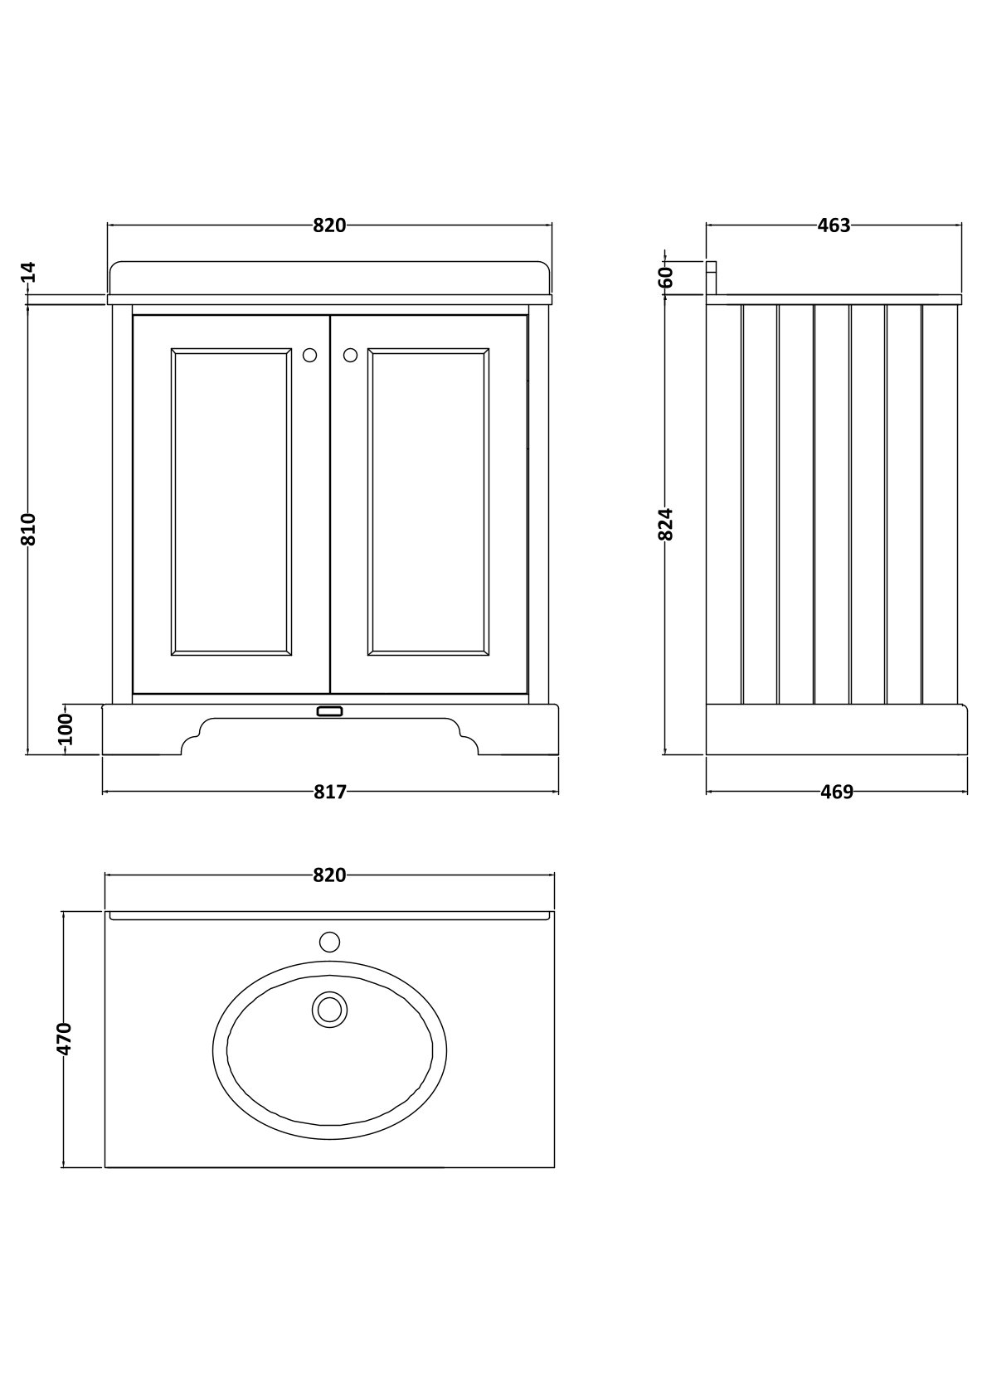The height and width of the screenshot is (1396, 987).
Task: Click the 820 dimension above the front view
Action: tap(329, 225)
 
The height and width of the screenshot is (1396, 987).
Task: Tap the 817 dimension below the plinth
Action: tap(329, 793)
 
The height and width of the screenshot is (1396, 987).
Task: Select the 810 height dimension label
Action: tap(29, 529)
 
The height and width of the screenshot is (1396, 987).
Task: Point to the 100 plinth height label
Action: tap(67, 730)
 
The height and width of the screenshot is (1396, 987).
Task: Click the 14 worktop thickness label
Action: tap(29, 271)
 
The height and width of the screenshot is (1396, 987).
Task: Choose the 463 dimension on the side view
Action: tap(834, 225)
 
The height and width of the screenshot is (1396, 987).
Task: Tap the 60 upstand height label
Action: tap(667, 277)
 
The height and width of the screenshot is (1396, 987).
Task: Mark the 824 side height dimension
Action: tap(667, 524)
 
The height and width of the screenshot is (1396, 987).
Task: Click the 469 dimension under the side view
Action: tap(836, 793)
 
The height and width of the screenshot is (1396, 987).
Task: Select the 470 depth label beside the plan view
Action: tap(66, 1038)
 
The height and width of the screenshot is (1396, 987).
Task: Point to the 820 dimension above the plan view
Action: tap(329, 875)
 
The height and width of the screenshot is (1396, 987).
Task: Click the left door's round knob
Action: tap(309, 355)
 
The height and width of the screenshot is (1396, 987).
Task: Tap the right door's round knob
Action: tap(350, 355)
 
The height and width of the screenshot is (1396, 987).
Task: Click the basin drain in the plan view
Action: tap(329, 1009)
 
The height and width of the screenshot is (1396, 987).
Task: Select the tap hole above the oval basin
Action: tap(329, 942)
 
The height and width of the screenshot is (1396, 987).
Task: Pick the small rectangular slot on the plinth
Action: tap(329, 711)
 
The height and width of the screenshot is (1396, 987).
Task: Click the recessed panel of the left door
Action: tap(231, 502)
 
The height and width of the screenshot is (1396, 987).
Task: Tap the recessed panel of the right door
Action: tap(428, 502)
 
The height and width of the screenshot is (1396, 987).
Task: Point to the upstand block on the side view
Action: tap(711, 278)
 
